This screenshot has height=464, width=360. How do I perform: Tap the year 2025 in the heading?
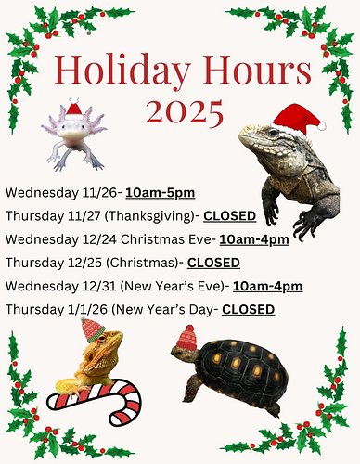point(181,112)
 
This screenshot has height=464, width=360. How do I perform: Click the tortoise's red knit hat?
point(186,337)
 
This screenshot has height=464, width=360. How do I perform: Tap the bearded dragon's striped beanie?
point(90,329)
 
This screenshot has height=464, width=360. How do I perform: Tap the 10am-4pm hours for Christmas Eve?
point(254,238)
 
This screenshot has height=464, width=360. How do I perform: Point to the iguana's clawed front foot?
point(305,223)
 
